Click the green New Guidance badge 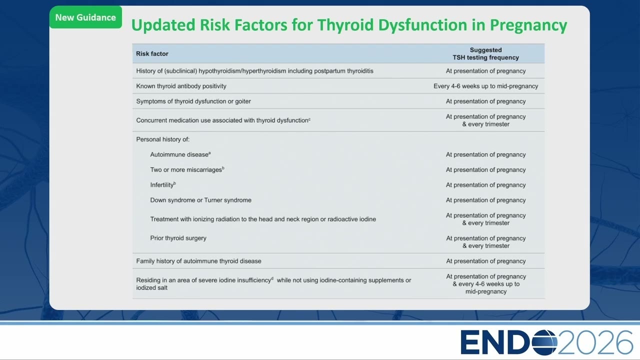85,17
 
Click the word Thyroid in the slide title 345,25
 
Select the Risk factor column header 152,53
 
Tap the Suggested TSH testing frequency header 485,53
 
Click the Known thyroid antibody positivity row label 181,86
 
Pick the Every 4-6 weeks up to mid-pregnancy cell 485,86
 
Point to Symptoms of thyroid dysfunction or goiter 193,101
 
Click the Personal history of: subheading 163,139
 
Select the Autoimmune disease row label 180,154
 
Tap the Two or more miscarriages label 187,169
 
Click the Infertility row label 163,185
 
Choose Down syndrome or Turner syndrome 201,200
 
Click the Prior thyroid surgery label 178,238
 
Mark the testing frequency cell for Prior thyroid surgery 485,242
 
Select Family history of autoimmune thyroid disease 198,261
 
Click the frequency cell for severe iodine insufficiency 485,284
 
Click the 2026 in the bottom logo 595,342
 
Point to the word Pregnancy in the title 528,25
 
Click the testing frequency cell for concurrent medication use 485,120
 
